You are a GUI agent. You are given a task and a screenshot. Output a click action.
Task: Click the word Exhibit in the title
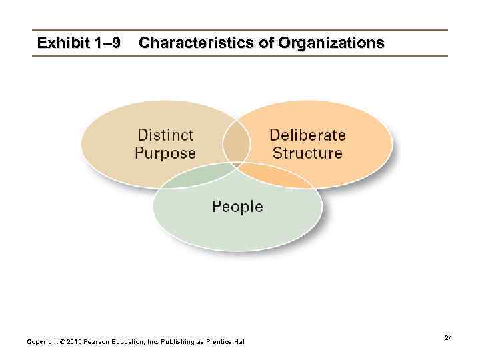coord(63,43)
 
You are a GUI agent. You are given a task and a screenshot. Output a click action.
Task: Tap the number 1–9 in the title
coord(107,43)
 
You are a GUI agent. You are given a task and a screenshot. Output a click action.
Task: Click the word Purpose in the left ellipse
coord(165,153)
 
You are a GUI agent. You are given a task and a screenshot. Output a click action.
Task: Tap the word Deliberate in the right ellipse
coord(307,135)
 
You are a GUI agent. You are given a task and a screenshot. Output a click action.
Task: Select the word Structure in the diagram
coord(307,153)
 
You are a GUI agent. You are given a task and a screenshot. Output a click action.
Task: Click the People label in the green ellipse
coord(237,207)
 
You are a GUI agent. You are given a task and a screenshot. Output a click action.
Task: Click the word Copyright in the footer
coord(42,342)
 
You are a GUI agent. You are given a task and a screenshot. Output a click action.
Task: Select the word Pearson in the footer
coord(99,342)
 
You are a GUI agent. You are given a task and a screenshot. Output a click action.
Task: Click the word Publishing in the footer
coord(175,342)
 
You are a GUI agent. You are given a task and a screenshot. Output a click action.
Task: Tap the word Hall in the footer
coord(241,342)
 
